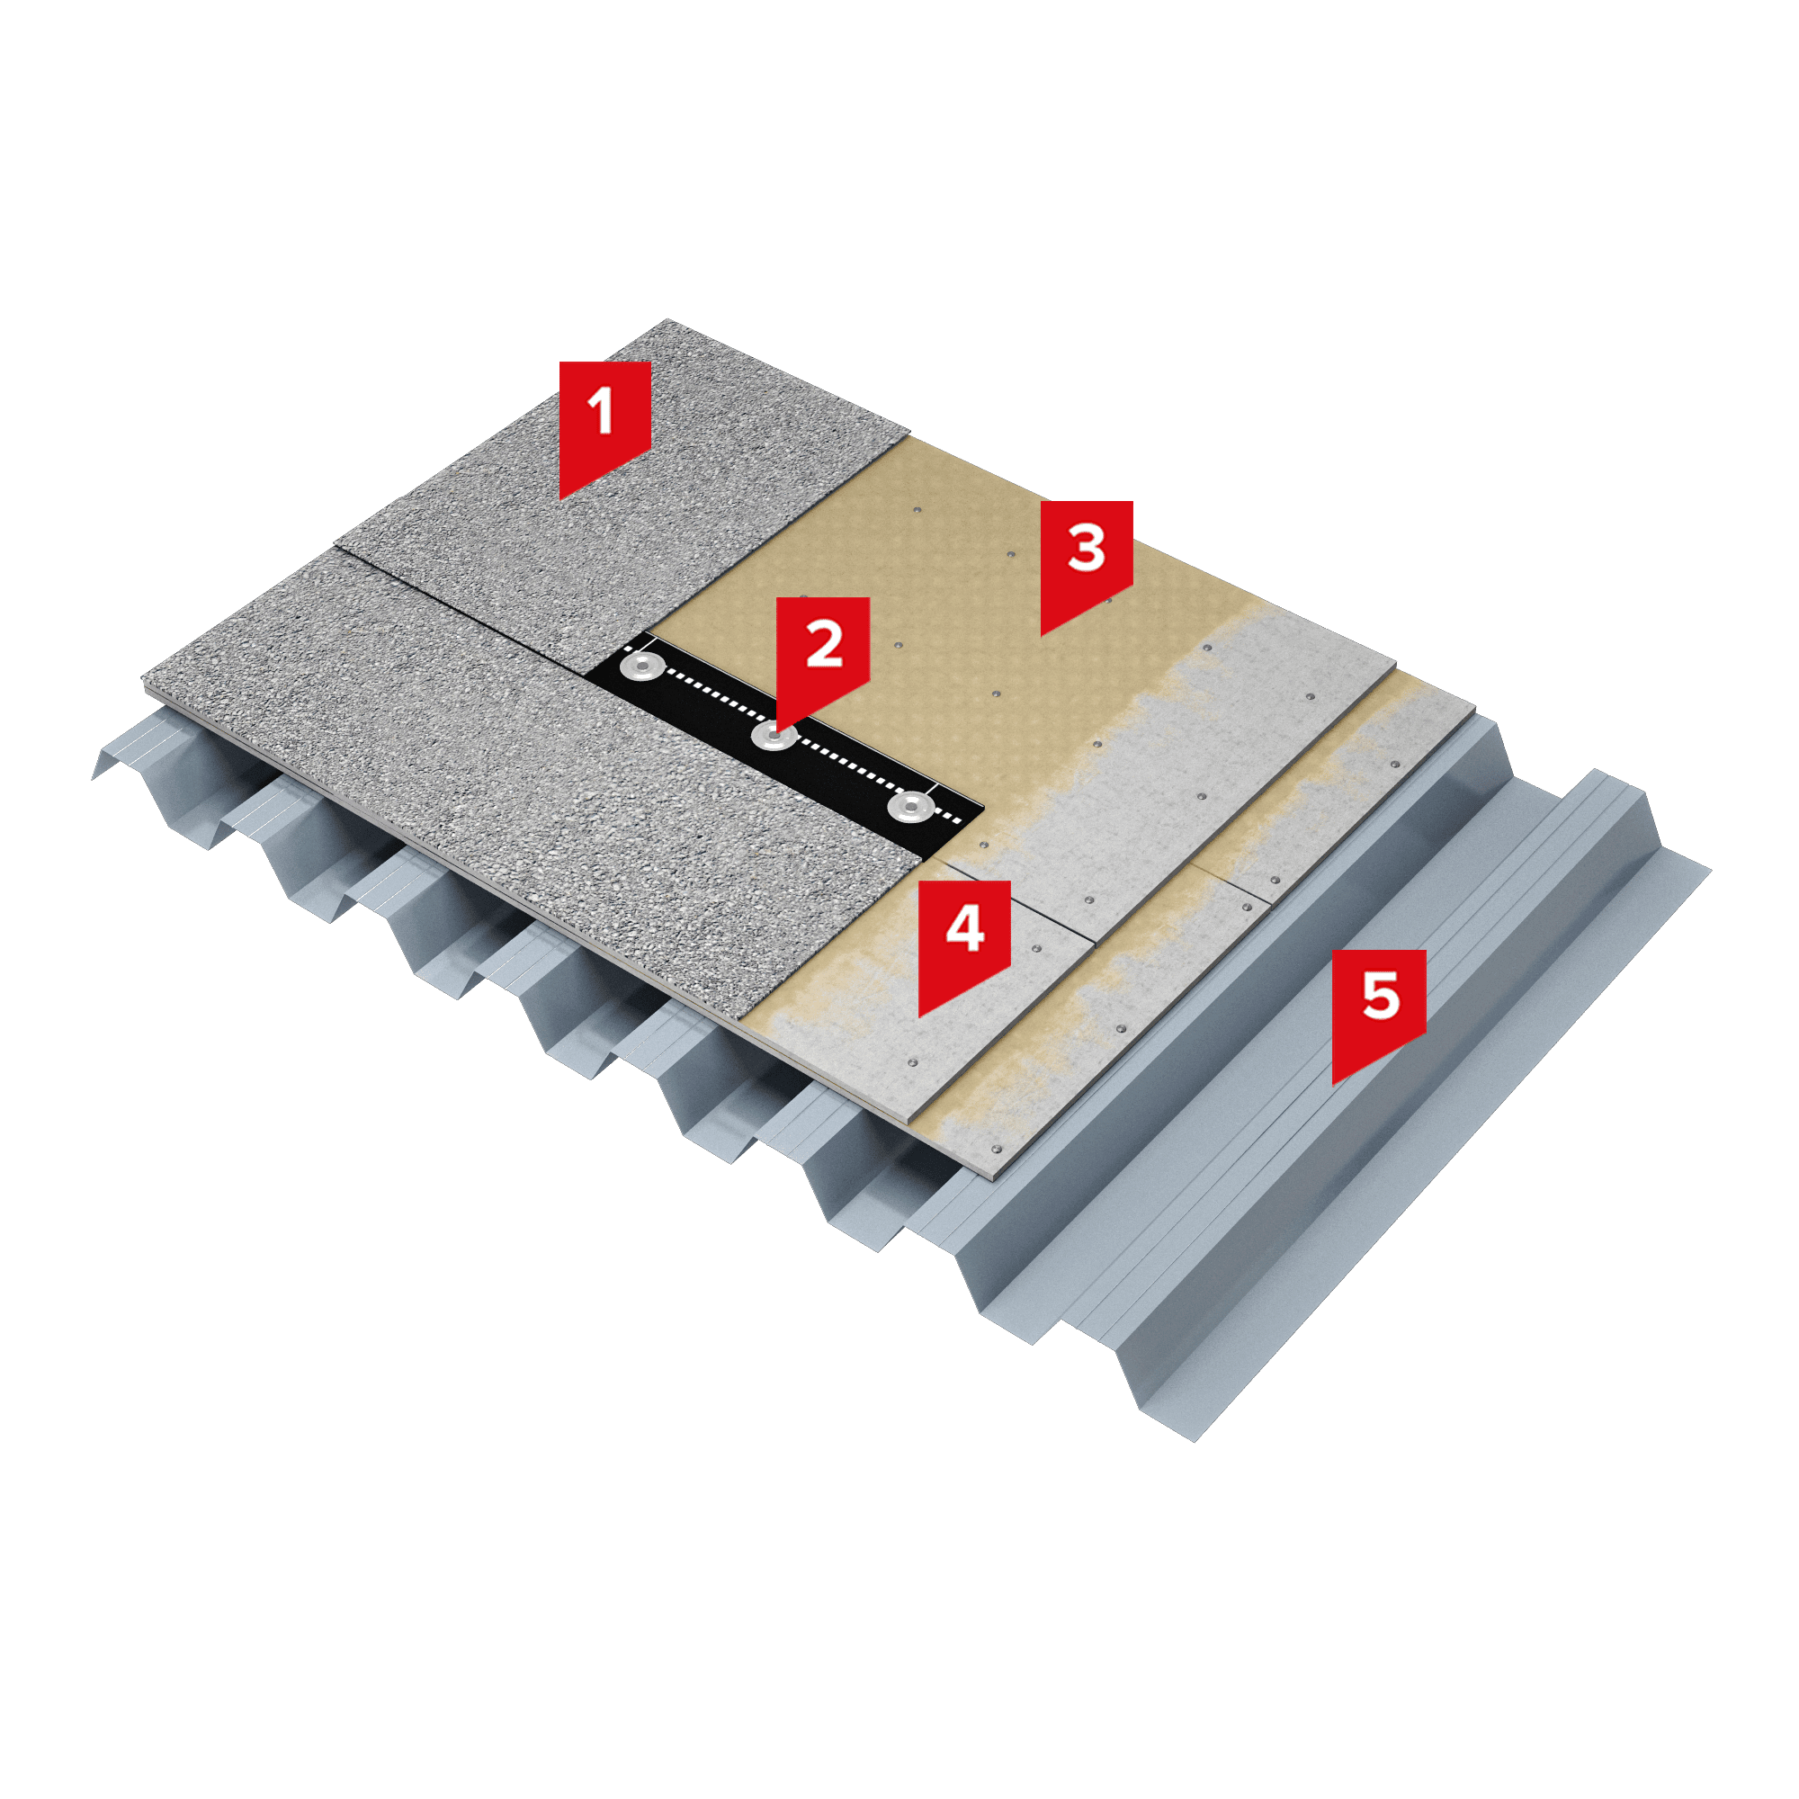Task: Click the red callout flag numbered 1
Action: click(604, 419)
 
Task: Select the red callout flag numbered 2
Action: click(822, 652)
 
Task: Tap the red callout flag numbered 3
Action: click(1086, 557)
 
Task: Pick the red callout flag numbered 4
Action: click(963, 936)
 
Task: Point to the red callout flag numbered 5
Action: click(1378, 1006)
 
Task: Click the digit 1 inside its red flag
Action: click(602, 411)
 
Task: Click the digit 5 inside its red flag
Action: click(1380, 995)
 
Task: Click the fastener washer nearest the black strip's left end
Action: click(642, 665)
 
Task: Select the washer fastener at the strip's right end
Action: click(909, 806)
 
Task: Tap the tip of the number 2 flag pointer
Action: click(777, 730)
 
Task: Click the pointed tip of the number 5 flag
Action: click(1332, 1086)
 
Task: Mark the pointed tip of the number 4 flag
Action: click(919, 1016)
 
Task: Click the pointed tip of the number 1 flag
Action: click(559, 499)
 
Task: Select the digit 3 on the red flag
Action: click(1087, 548)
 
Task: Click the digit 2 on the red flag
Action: click(824, 643)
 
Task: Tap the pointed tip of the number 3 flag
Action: click(1041, 636)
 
